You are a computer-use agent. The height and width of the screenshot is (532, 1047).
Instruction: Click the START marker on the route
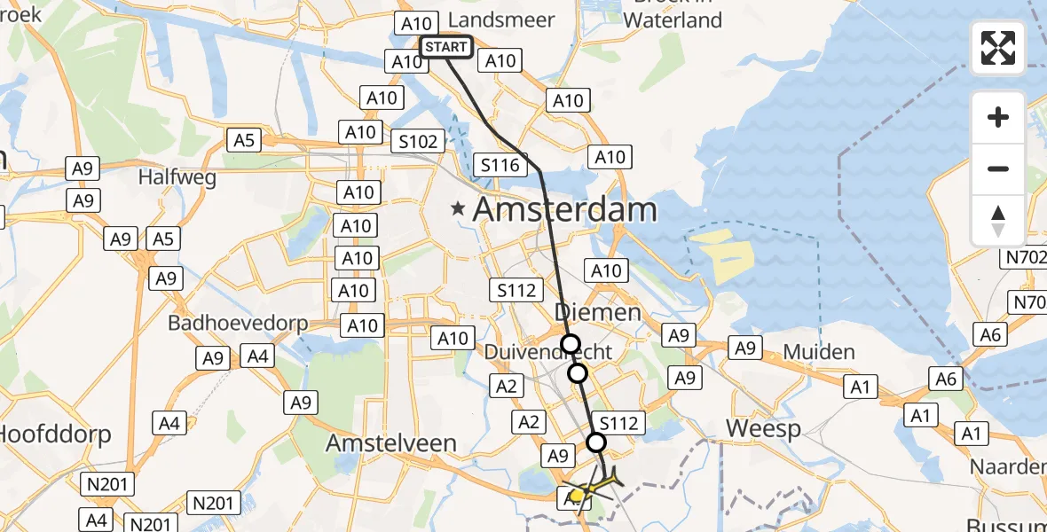click(445, 46)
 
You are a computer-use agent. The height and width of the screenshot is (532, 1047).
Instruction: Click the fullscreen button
click(998, 48)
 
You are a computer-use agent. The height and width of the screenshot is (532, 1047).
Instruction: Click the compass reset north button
click(998, 221)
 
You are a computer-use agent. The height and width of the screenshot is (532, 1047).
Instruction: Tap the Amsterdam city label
click(564, 210)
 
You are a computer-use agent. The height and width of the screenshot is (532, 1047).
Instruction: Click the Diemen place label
click(597, 311)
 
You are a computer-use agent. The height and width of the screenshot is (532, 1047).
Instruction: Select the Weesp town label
click(764, 429)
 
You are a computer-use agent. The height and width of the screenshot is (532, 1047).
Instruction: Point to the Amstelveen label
click(391, 442)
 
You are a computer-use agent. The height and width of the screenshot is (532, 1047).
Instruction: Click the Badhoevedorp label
click(238, 323)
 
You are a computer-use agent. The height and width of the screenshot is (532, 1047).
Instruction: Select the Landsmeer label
click(502, 20)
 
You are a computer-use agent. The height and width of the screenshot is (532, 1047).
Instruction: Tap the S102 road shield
click(418, 142)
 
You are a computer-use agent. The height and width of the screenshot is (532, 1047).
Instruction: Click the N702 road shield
click(1023, 258)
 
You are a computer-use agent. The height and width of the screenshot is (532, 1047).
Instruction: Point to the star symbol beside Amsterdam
click(458, 210)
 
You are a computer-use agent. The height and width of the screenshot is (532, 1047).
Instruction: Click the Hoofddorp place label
click(55, 434)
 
